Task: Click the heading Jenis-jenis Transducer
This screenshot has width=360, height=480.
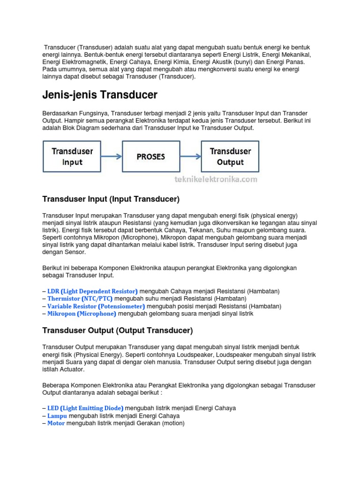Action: coord(99,95)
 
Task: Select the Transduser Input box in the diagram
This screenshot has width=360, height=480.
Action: coord(72,156)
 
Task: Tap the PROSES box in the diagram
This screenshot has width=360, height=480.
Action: coord(151,157)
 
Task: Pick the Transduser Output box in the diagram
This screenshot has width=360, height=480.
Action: coord(230,156)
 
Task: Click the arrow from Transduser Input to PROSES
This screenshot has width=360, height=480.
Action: coord(112,157)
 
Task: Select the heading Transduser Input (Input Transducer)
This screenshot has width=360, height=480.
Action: coord(111,199)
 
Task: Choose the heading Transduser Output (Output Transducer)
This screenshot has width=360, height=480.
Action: coord(118,330)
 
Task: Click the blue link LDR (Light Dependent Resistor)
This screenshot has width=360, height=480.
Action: coord(93,291)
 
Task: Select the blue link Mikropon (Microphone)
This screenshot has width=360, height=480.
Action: coord(82,314)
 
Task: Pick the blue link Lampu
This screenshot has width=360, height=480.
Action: coord(57,416)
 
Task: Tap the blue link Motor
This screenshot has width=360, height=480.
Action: coord(56,423)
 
